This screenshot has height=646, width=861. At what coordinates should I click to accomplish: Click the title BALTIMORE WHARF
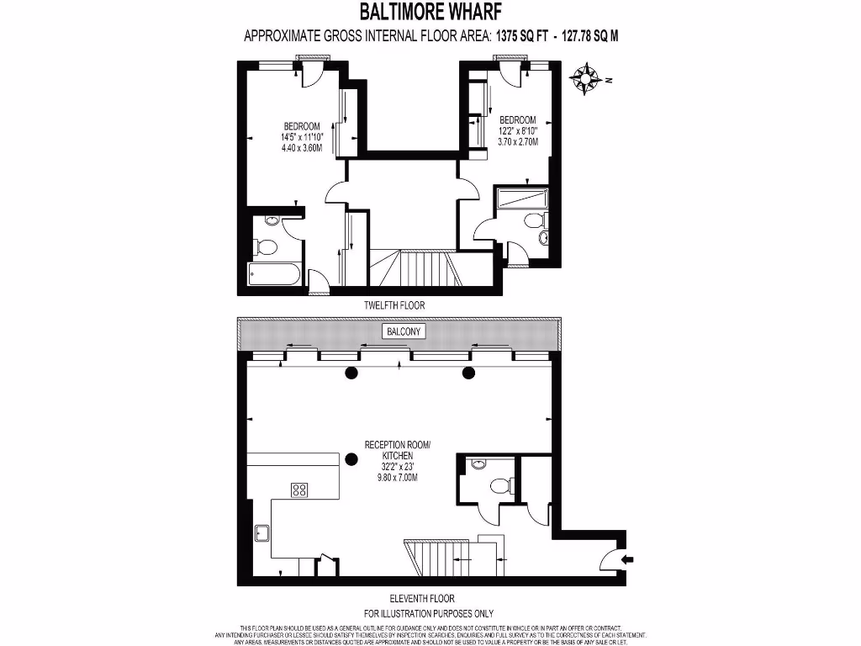[x=430, y=12]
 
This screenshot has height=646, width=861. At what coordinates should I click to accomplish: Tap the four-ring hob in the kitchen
[x=299, y=490]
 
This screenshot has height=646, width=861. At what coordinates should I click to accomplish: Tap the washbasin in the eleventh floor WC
[x=478, y=463]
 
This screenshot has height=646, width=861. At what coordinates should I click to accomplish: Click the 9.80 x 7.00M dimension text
[x=396, y=477]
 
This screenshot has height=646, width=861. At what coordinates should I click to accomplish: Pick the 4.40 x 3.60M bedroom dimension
[x=301, y=147]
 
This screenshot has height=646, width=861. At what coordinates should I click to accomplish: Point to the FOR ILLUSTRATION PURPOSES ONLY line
[x=428, y=613]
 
